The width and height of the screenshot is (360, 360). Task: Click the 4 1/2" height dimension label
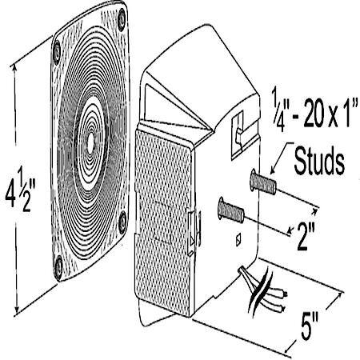point(20,189)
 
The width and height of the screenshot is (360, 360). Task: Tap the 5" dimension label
point(310,326)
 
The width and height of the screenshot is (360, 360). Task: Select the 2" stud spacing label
point(306,236)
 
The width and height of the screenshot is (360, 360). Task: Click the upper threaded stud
point(263,182)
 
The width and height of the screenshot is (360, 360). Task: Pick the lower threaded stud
point(231,210)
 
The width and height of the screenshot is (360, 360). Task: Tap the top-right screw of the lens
point(122,20)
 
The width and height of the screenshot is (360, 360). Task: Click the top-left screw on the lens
point(57,53)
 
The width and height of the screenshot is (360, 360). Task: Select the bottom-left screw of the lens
point(58,267)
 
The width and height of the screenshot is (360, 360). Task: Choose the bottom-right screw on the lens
point(122,222)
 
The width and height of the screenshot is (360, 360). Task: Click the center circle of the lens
point(90,143)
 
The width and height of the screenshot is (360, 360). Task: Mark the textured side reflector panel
point(163,222)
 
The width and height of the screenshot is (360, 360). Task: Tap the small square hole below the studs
point(239,239)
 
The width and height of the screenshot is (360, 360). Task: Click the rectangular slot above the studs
point(238,135)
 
